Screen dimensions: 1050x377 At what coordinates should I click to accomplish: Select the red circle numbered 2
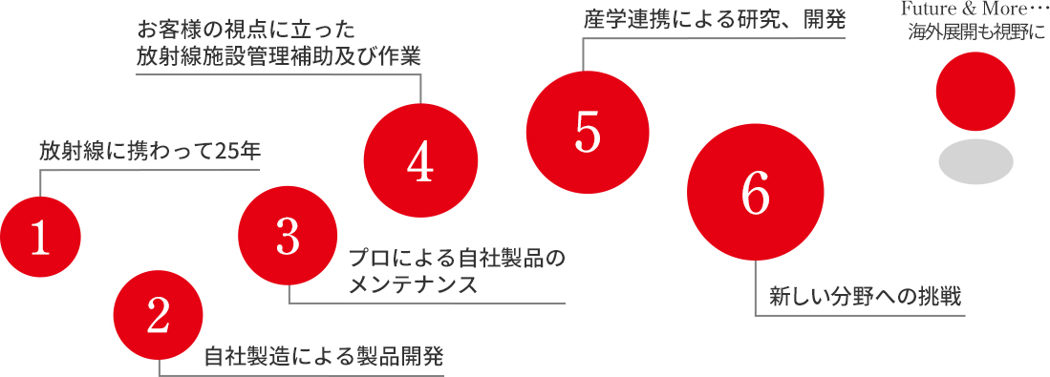(159, 316)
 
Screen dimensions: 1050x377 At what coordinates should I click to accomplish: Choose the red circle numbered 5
(587, 133)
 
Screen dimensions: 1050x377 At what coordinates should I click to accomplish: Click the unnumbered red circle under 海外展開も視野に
(975, 93)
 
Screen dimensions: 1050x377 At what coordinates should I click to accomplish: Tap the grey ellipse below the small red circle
(975, 161)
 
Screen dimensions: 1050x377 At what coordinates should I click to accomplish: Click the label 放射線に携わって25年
(150, 151)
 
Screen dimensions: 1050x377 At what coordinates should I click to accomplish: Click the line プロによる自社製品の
(458, 258)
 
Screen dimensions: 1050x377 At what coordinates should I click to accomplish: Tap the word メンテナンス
(413, 284)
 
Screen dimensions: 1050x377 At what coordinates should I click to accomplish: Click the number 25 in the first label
(226, 151)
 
